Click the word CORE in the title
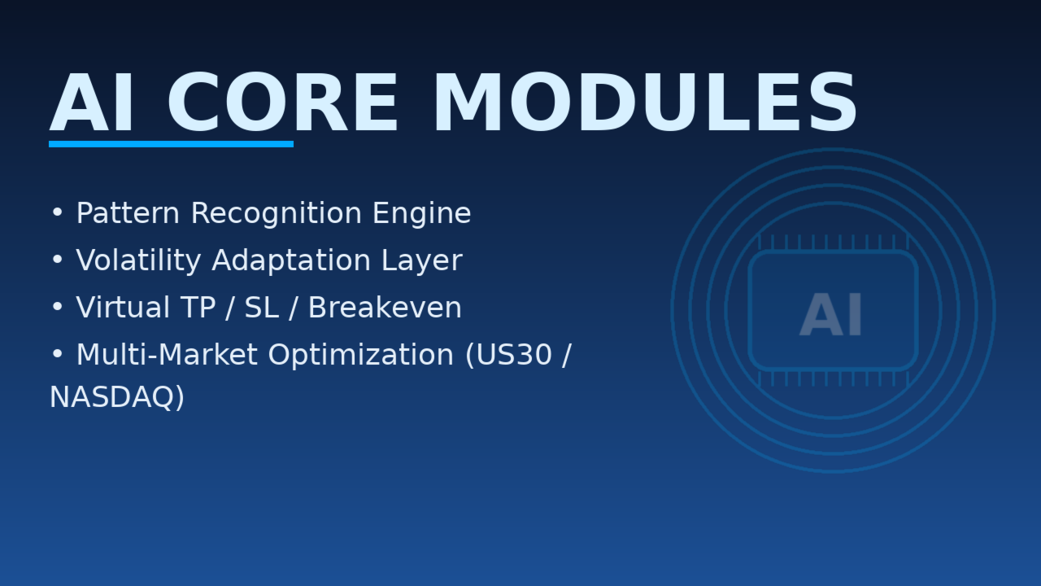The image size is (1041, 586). click(x=282, y=103)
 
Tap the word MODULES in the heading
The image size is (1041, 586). click(x=645, y=103)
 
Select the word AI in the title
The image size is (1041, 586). click(x=92, y=103)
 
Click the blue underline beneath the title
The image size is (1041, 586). click(x=171, y=144)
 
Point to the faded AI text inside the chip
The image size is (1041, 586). click(x=831, y=315)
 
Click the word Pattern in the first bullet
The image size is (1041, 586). click(x=128, y=213)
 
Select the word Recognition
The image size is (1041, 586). click(x=277, y=214)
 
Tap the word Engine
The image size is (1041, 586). click(x=422, y=214)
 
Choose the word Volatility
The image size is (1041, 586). click(x=138, y=260)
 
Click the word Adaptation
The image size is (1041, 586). click(x=291, y=260)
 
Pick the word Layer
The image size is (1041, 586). click(x=422, y=261)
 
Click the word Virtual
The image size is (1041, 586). click(x=123, y=308)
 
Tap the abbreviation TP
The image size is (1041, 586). click(x=198, y=308)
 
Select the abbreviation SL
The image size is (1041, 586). click(x=262, y=308)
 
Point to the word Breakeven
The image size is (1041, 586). click(x=385, y=308)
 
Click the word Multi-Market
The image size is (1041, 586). click(x=168, y=355)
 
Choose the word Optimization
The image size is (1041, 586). click(x=360, y=356)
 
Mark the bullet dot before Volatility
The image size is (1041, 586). click(x=57, y=260)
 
